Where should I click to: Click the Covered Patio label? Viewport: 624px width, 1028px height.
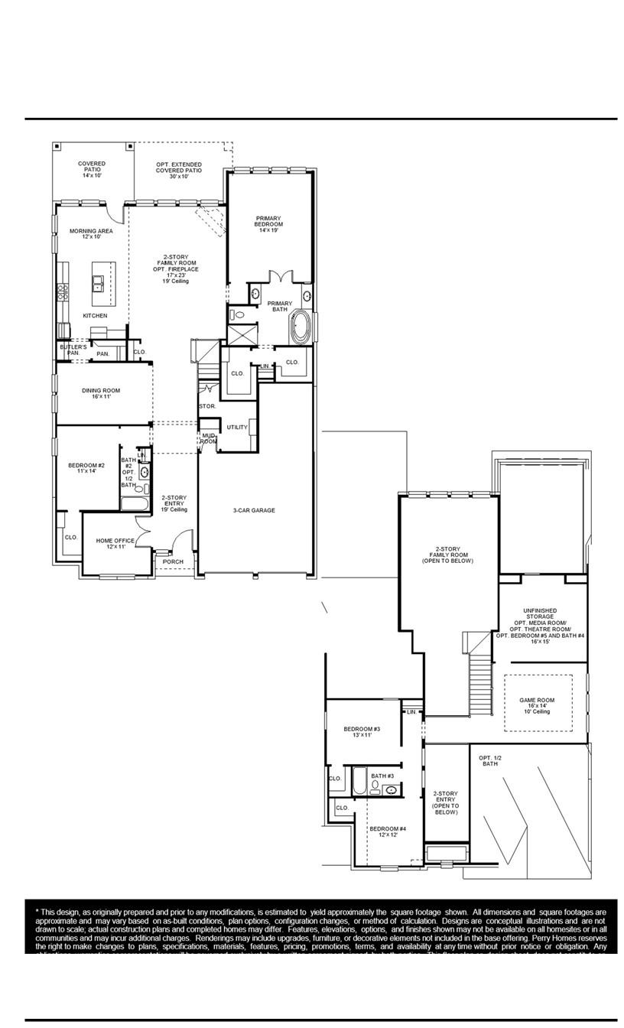tap(92, 169)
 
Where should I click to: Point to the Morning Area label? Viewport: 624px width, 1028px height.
tap(91, 233)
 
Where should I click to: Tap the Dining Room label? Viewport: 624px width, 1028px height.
tap(101, 393)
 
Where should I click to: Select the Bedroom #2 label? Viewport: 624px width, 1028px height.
tap(86, 468)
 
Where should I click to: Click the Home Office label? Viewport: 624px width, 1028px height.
tap(115, 543)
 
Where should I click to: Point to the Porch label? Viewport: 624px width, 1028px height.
tap(173, 561)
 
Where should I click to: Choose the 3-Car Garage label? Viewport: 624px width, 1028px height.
tap(254, 510)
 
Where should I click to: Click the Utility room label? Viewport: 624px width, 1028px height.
tap(237, 427)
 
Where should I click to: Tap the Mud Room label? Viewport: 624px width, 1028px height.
tap(209, 438)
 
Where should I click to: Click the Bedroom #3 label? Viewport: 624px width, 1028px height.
tap(362, 732)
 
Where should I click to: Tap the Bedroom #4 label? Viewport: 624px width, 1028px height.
tap(388, 831)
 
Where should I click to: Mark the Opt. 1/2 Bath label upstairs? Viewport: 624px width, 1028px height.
tap(489, 760)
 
